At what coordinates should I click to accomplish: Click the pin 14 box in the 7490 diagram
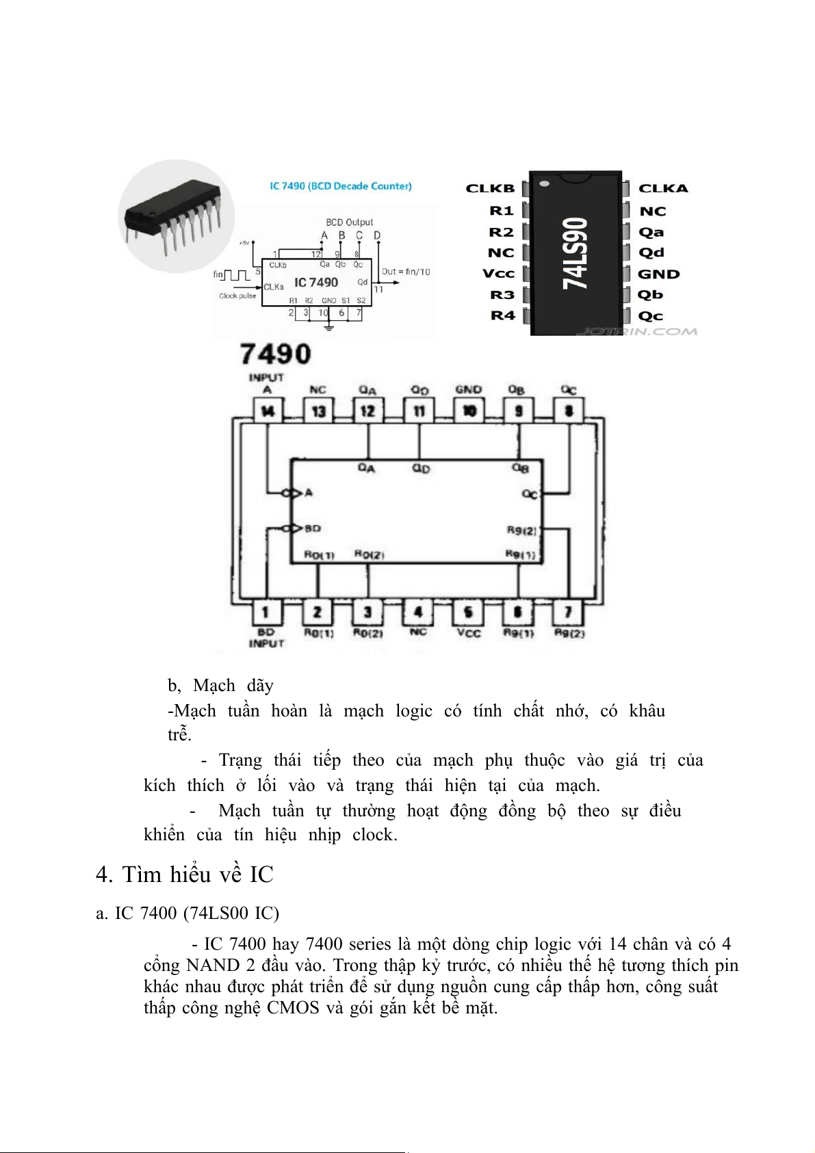(x=268, y=411)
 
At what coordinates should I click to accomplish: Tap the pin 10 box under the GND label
(x=469, y=411)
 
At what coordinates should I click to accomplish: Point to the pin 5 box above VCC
(x=469, y=611)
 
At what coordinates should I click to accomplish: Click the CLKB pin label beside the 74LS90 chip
(x=490, y=188)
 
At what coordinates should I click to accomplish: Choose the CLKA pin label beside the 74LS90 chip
(x=663, y=188)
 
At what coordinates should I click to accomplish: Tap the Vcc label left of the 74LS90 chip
(x=498, y=274)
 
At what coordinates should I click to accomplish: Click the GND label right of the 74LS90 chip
(x=658, y=274)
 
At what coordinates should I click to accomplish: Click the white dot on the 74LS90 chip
(x=545, y=183)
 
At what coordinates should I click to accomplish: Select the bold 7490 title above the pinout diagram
(x=276, y=354)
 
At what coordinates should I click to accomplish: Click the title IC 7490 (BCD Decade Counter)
(x=341, y=186)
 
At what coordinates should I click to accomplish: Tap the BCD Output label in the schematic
(x=349, y=222)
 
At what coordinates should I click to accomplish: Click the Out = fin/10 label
(x=406, y=272)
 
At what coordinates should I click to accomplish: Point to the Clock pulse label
(x=237, y=296)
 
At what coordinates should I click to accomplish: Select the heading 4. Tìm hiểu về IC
(x=185, y=875)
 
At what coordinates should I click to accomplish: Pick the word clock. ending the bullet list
(x=374, y=835)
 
